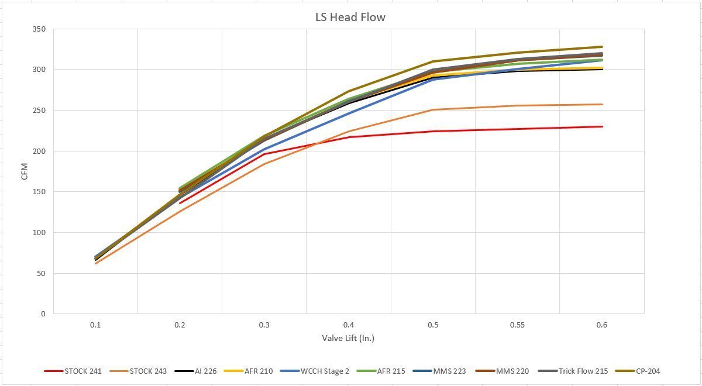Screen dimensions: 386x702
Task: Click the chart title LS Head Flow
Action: pos(350,17)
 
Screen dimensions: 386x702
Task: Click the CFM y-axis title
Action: pos(25,171)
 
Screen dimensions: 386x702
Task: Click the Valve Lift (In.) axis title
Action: pos(348,338)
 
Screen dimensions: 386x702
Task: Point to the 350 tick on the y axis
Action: pos(39,29)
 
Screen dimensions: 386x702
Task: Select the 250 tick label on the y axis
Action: pos(39,110)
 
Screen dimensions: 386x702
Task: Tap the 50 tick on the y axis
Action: pos(41,273)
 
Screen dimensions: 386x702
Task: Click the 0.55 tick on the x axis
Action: pos(517,325)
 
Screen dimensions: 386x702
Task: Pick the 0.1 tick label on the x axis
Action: pos(95,325)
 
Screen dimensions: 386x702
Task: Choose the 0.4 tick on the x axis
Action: pos(349,325)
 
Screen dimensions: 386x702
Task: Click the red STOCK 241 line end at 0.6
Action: pos(602,126)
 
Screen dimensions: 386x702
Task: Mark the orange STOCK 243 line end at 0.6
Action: pos(602,105)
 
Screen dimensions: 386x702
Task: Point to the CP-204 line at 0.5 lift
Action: pos(433,61)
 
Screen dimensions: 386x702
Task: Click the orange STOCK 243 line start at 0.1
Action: pos(95,263)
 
